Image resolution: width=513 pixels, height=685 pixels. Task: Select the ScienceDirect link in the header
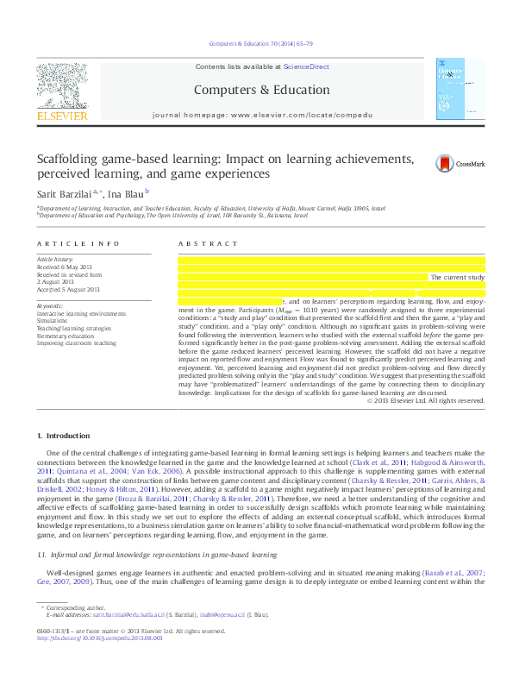point(306,66)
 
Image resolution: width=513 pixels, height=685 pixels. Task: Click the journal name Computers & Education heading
point(255,90)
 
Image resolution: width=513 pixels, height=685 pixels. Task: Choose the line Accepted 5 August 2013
point(68,289)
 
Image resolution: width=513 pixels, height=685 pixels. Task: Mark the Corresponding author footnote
point(72,608)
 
